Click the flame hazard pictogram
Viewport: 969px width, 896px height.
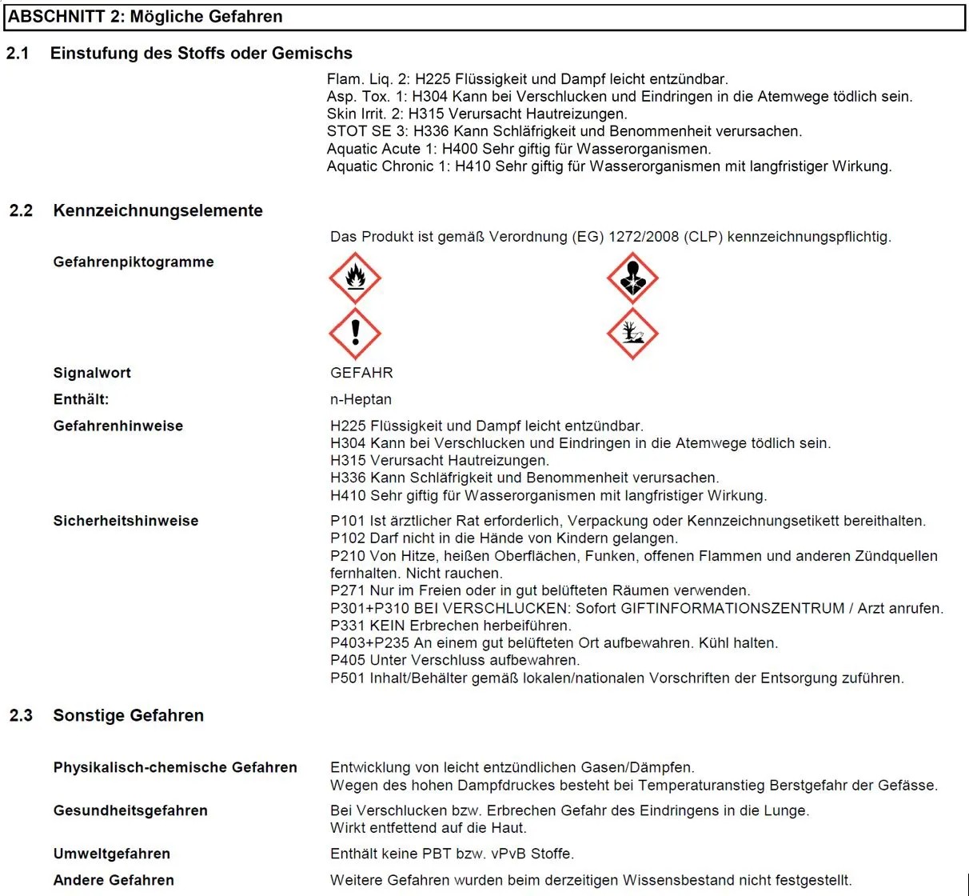pyautogui.click(x=355, y=278)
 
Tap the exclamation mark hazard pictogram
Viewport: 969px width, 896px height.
pyautogui.click(x=355, y=333)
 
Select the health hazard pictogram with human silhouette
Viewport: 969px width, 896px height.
pyautogui.click(x=632, y=278)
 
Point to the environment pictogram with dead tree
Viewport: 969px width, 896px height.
pyautogui.click(x=632, y=333)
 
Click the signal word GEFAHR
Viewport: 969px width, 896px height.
pyautogui.click(x=361, y=373)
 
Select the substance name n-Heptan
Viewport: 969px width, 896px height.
pyautogui.click(x=361, y=399)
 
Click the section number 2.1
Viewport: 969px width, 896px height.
pyautogui.click(x=18, y=54)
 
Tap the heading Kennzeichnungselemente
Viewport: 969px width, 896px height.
pyautogui.click(x=158, y=210)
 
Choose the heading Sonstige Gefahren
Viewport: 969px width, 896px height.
pyautogui.click(x=128, y=715)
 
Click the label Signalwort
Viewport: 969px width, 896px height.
pyautogui.click(x=92, y=373)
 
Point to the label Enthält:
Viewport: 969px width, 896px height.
pyautogui.click(x=81, y=399)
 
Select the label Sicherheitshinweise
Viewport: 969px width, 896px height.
pyautogui.click(x=126, y=521)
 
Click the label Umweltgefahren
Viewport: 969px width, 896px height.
pyautogui.click(x=111, y=854)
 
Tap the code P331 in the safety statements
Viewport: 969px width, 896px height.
pyautogui.click(x=348, y=626)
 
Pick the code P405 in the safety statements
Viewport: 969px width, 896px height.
pyautogui.click(x=348, y=661)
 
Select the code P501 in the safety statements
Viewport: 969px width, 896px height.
pyautogui.click(x=348, y=678)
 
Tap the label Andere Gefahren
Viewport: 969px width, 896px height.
pyautogui.click(x=114, y=880)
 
